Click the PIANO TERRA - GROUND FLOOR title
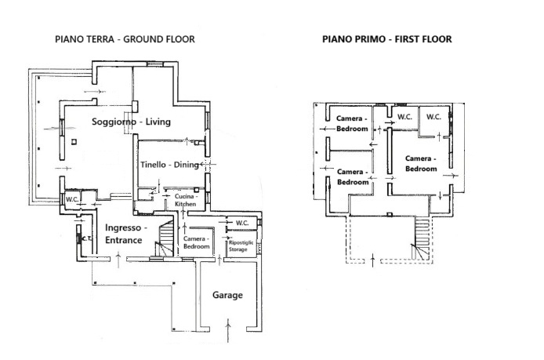tap(125, 39)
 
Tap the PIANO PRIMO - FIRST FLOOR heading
tap(387, 39)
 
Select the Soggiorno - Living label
tap(131, 122)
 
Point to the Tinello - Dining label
tap(169, 165)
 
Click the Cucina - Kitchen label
tap(185, 200)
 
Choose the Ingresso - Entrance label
tap(125, 234)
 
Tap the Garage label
tap(227, 295)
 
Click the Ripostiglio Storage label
tap(241, 245)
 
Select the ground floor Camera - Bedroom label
tap(197, 242)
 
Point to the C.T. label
tap(86, 239)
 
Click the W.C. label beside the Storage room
tap(241, 223)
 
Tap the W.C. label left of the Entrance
tap(73, 199)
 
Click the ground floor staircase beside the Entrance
tap(165, 238)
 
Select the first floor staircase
tap(422, 238)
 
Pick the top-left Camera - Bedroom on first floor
tap(352, 123)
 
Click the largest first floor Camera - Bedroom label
tap(421, 163)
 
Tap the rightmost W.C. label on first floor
tap(433, 117)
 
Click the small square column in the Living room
tap(74, 142)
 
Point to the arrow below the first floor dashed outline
tap(373, 260)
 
